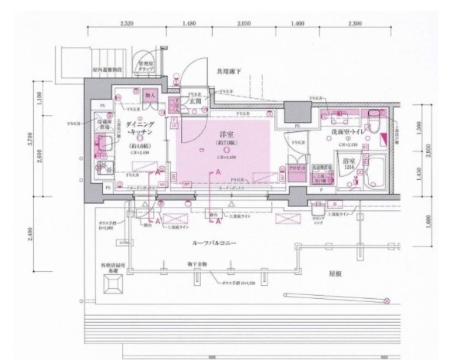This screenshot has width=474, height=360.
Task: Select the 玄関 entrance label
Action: pos(196,101)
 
